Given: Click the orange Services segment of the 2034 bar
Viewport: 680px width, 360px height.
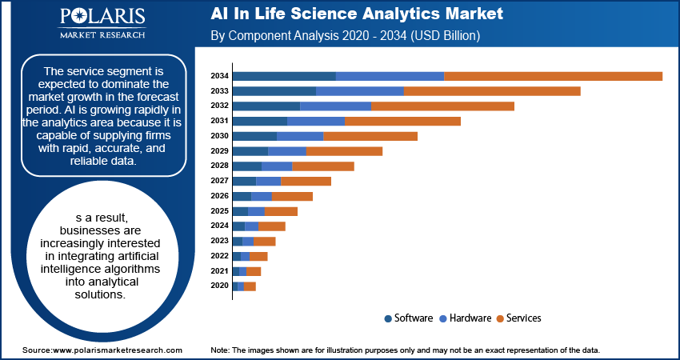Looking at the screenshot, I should pyautogui.click(x=553, y=76).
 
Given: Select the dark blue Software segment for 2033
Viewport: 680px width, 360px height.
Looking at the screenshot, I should pyautogui.click(x=274, y=91).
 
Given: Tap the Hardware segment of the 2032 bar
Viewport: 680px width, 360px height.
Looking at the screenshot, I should pyautogui.click(x=335, y=106).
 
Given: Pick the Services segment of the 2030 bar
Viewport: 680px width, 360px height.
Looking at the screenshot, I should pyautogui.click(x=370, y=136).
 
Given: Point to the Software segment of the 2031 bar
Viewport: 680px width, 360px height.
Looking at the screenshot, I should pyautogui.click(x=259, y=121).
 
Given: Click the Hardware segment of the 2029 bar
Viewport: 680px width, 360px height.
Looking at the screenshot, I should pyautogui.click(x=287, y=151).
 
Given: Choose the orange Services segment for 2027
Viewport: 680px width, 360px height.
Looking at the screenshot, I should pyautogui.click(x=306, y=182).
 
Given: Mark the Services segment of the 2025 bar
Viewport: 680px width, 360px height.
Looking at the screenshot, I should pyautogui.click(x=281, y=211).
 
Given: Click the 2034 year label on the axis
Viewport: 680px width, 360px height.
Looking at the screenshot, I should pyautogui.click(x=220, y=76).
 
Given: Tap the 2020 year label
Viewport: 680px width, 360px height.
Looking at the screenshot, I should pyautogui.click(x=220, y=286).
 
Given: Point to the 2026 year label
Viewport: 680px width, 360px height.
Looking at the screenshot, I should pyautogui.click(x=220, y=196).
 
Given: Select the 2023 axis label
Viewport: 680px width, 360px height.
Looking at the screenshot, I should pyautogui.click(x=220, y=241).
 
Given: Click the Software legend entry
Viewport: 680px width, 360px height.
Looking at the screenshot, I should pyautogui.click(x=409, y=318).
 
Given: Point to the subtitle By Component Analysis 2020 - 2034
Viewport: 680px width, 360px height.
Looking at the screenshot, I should pyautogui.click(x=344, y=36).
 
